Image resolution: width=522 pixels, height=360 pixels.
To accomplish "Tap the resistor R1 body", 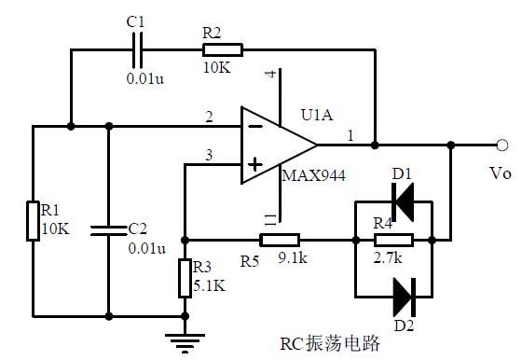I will [33, 220].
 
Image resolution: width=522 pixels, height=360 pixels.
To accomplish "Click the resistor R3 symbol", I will [185, 277].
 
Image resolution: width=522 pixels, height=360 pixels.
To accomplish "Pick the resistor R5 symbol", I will [280, 239].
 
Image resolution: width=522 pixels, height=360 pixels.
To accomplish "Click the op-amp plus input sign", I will [252, 168].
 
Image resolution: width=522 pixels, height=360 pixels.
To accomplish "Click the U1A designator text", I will [317, 116].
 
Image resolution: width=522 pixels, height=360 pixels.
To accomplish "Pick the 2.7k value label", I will [389, 255].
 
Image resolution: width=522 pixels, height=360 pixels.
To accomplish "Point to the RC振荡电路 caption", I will [330, 343].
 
